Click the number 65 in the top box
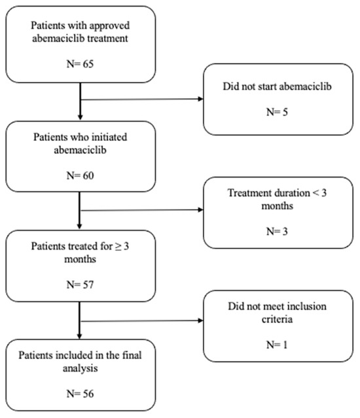tap(88, 64)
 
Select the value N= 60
tap(80, 176)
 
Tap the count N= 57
tap(80, 285)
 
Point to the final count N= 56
tap(80, 394)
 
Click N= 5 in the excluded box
tap(277, 112)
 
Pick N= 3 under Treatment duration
tap(277, 231)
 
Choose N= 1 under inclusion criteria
tap(277, 345)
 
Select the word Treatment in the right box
tap(246, 193)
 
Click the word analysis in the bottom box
tap(80, 369)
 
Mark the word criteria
tap(277, 319)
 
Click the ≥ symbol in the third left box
tap(118, 246)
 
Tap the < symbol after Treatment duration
tap(315, 193)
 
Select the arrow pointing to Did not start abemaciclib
tap(142, 100)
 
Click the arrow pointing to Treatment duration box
tap(142, 210)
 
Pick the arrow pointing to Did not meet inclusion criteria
tap(142, 320)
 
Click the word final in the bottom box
tap(132, 355)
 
